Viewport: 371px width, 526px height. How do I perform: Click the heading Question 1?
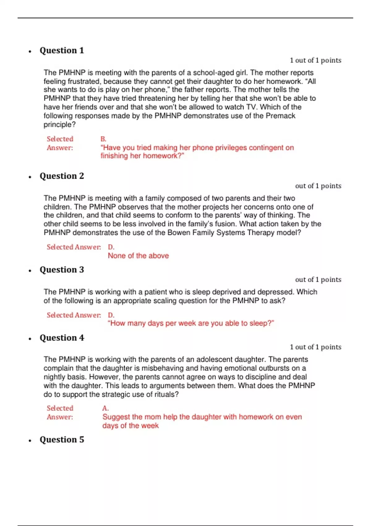pos(62,50)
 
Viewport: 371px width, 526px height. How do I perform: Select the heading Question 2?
pos(62,176)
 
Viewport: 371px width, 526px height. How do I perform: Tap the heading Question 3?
pos(62,270)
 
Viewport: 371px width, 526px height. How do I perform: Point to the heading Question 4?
pos(62,338)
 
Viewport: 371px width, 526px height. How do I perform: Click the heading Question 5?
pos(62,440)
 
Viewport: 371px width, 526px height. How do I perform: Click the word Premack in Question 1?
pos(280,116)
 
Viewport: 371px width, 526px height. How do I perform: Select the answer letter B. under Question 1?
pos(103,139)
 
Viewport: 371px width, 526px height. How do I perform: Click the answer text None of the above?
pos(138,256)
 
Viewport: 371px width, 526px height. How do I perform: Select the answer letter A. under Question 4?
pos(105,408)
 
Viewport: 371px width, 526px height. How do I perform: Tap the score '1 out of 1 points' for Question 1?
pos(315,60)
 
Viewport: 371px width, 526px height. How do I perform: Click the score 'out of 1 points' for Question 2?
pos(318,186)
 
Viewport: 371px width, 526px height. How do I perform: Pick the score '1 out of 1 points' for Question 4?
pos(315,347)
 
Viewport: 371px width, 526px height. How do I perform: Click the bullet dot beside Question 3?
pos(30,271)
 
